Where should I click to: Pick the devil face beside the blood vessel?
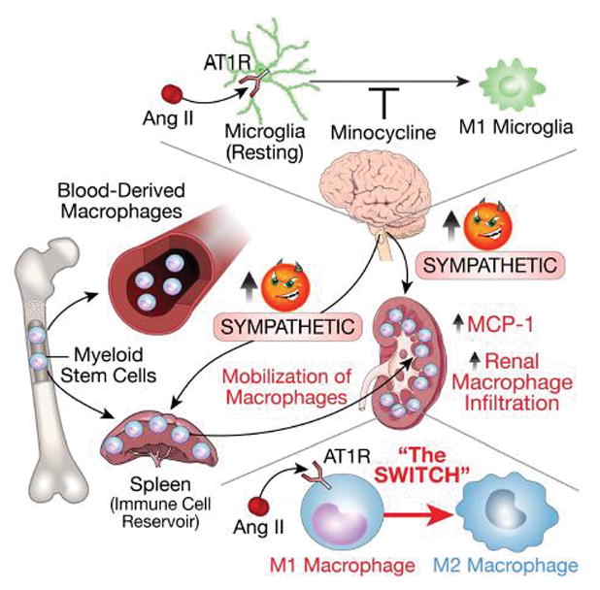tap(286, 282)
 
